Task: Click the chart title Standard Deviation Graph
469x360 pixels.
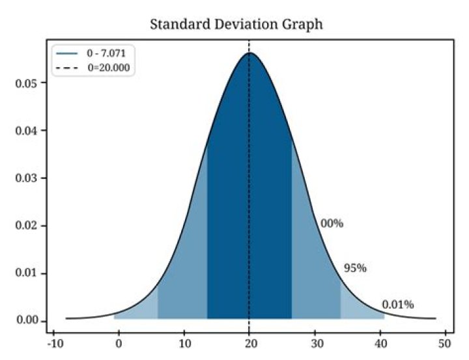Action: [236, 25]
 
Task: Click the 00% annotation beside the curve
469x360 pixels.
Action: [332, 224]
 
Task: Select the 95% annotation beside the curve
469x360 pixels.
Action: [355, 268]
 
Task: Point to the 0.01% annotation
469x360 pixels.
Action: [397, 305]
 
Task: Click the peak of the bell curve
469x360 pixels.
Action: [249, 53]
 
